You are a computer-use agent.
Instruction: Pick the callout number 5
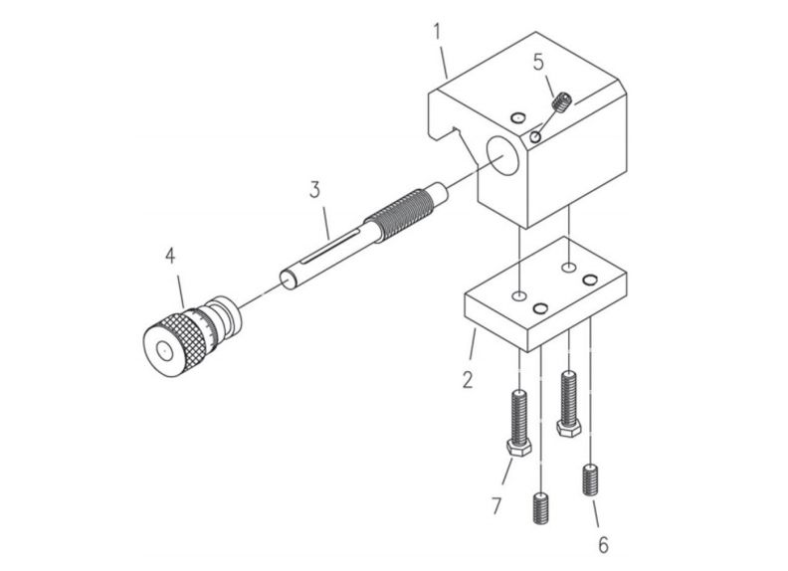tap(538, 62)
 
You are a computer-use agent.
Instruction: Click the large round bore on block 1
tap(500, 157)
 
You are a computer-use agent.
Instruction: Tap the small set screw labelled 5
tap(563, 101)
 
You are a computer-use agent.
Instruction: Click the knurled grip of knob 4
tap(185, 334)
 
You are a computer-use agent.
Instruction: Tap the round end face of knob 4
tap(160, 351)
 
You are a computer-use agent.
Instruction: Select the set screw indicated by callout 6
tap(592, 481)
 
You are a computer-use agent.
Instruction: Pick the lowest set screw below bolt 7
tap(542, 510)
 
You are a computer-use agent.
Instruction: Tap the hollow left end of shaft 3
tap(289, 280)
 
